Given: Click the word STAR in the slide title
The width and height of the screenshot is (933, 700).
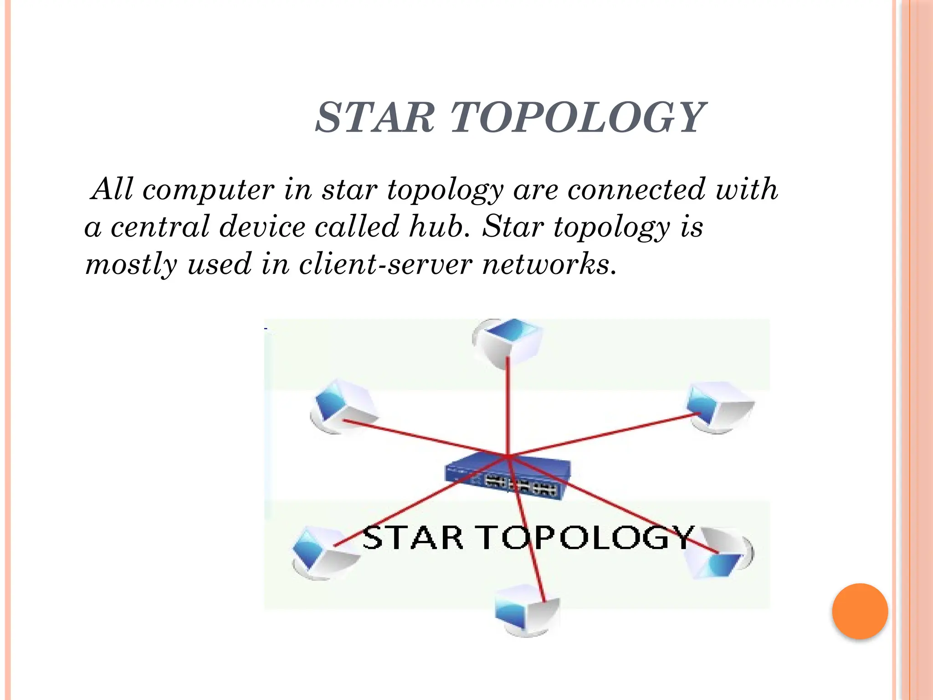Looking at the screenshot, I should [375, 118].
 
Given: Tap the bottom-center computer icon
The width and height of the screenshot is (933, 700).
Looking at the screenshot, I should [526, 611].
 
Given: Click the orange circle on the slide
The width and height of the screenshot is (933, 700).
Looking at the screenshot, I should [860, 611].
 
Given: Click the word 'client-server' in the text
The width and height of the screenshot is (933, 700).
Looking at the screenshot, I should [385, 264].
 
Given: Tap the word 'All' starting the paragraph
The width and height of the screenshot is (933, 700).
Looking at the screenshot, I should [112, 189].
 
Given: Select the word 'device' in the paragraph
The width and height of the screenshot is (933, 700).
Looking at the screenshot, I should [262, 226].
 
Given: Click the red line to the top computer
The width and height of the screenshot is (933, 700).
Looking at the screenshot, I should [508, 401].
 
